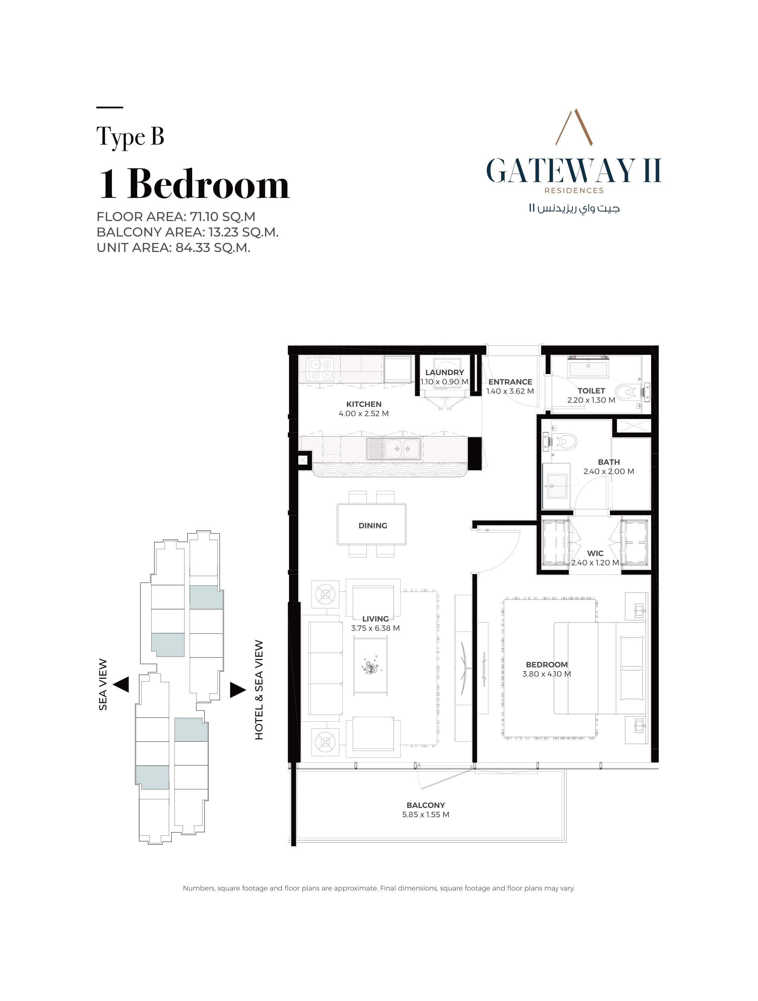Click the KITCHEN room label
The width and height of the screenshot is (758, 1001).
coord(364,404)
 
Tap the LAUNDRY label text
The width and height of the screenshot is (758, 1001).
coord(444,372)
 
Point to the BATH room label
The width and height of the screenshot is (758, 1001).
coord(608,462)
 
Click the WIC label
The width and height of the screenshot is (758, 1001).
coord(595,553)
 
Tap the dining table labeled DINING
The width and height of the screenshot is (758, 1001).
coord(371,525)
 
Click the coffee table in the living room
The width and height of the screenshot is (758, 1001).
coord(370,665)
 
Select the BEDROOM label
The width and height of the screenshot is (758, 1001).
coord(547,665)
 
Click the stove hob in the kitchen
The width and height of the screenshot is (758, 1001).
coord(321,369)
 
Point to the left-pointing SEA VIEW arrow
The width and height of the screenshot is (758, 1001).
coord(121,684)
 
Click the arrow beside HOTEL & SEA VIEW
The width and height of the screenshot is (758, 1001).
coord(238,690)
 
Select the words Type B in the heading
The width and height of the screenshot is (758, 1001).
coord(130,137)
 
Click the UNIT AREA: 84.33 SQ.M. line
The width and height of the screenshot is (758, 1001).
coord(173,248)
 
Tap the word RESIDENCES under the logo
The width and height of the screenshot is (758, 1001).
coord(574,191)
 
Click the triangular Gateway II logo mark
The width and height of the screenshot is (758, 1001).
coord(574,127)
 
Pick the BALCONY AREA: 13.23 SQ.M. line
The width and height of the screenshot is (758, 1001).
coord(187,232)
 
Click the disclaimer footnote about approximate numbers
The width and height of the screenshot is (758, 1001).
coord(378,888)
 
